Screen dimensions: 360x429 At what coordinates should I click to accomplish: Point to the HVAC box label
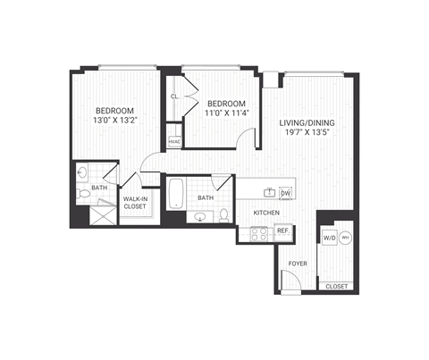pyautogui.click(x=174, y=141)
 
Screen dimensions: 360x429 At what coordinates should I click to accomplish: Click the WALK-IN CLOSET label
pyautogui.click(x=135, y=202)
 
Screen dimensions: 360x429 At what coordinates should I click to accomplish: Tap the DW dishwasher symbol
pyautogui.click(x=286, y=193)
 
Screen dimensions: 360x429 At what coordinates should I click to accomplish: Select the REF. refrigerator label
pyautogui.click(x=282, y=230)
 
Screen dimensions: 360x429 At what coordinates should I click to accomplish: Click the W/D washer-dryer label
pyautogui.click(x=328, y=238)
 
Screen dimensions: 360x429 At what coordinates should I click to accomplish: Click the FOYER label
pyautogui.click(x=296, y=263)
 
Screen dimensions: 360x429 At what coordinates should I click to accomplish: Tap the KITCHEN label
pyautogui.click(x=266, y=213)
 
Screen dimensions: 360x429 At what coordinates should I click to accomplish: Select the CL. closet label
pyautogui.click(x=175, y=95)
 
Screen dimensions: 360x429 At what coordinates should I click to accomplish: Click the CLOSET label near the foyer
pyautogui.click(x=336, y=286)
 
